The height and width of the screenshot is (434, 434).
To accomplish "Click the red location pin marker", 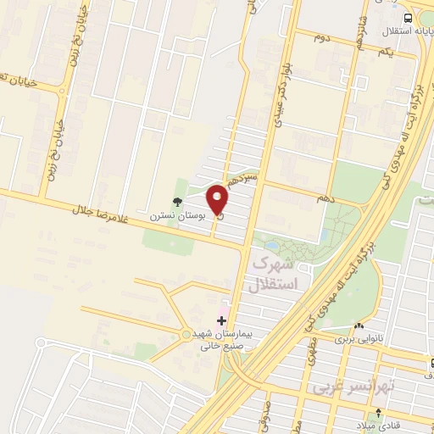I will point(219,201).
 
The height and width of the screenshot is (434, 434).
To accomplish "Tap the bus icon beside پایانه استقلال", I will point(409,18).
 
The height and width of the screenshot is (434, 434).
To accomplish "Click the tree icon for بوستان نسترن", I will point(176,202).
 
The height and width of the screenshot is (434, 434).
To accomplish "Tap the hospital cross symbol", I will point(222,320).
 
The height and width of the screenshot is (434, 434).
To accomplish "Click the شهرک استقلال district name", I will point(276,274).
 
